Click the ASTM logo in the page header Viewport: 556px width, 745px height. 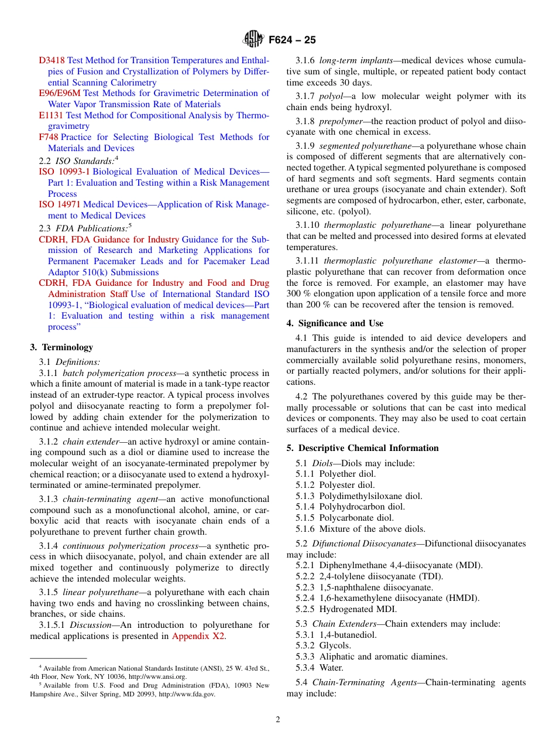click(x=253, y=40)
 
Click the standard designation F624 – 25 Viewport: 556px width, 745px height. click(x=292, y=40)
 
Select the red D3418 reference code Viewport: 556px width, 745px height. click(x=52, y=60)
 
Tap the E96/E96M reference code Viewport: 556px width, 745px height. click(x=60, y=93)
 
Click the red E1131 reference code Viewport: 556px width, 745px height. click(x=51, y=115)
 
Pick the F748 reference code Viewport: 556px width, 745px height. click(x=48, y=137)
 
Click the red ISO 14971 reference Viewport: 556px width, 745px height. click(x=60, y=204)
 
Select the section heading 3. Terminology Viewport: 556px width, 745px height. click(x=61, y=347)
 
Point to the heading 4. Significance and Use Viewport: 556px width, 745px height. click(x=335, y=323)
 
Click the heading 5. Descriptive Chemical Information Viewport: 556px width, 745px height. click(x=362, y=448)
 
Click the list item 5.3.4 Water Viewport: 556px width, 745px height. click(x=320, y=668)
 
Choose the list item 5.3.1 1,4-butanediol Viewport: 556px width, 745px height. click(x=336, y=635)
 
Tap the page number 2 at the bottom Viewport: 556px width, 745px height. click(x=278, y=720)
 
